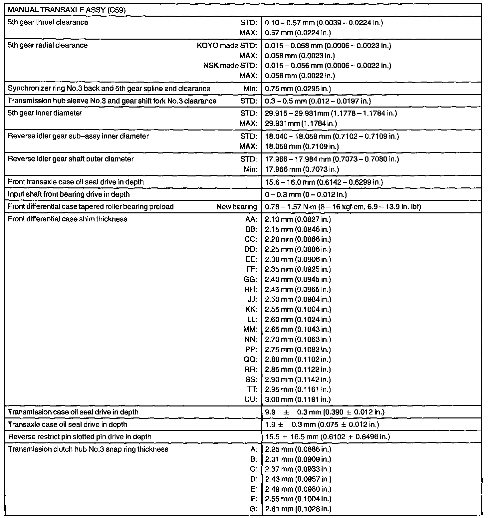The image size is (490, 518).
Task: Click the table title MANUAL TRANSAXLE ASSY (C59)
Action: click(x=67, y=10)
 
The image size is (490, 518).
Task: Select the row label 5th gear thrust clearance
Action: click(x=48, y=23)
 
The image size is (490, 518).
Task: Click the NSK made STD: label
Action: click(x=230, y=66)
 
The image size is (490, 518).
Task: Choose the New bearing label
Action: click(x=236, y=207)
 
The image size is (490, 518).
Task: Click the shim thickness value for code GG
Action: click(x=298, y=279)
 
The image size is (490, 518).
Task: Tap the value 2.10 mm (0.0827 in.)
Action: click(x=298, y=219)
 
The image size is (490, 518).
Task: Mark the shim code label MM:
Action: click(x=250, y=330)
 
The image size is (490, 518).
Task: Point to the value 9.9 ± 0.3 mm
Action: click(x=325, y=412)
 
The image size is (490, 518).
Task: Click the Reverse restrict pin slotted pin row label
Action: click(x=80, y=437)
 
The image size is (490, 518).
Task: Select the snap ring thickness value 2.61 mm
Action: click(x=298, y=509)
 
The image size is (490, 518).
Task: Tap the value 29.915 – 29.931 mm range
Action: click(x=331, y=113)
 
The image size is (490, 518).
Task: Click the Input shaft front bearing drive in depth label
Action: click(x=69, y=194)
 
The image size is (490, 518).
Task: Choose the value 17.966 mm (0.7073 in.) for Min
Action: click(x=302, y=169)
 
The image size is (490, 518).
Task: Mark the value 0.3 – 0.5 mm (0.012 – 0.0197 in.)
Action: click(x=318, y=101)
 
